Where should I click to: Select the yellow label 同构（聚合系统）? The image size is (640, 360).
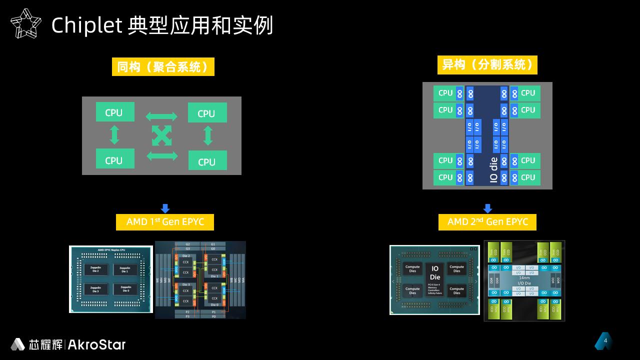[x=163, y=66]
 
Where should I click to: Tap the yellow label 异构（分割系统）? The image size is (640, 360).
[x=487, y=65]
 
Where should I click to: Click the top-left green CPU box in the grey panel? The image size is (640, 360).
[x=115, y=112]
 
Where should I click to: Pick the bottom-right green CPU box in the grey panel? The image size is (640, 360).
[x=207, y=161]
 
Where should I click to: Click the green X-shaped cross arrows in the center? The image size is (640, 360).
[x=161, y=136]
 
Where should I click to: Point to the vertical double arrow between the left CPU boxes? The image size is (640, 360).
[x=114, y=135]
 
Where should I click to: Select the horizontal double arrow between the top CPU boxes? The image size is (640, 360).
[x=161, y=116]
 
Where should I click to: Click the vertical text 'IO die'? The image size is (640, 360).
[x=494, y=170]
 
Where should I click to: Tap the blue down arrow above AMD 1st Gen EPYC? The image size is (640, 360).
[x=165, y=208]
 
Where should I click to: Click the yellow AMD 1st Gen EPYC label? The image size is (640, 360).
[x=165, y=221]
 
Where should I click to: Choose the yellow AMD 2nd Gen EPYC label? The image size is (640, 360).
[x=487, y=221]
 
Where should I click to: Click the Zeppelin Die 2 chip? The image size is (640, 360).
[x=95, y=269]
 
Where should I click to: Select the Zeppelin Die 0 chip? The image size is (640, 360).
[x=124, y=289]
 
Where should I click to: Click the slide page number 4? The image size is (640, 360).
[x=605, y=341]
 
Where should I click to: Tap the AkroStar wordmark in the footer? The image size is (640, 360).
[x=96, y=344]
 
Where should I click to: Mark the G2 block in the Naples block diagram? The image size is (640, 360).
[x=187, y=244]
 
